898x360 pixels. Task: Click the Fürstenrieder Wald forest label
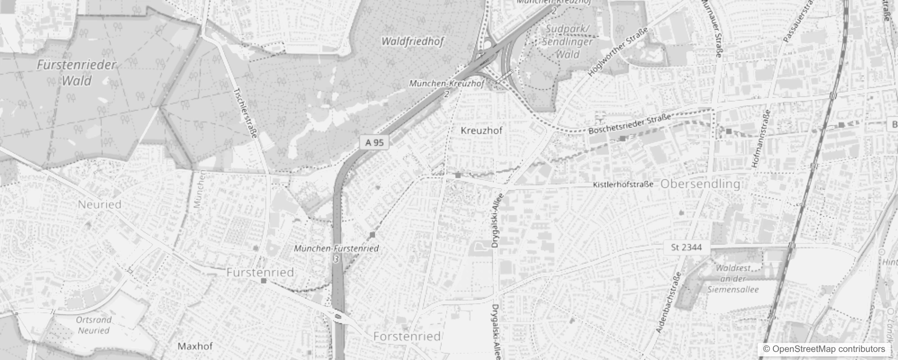pos(76,73)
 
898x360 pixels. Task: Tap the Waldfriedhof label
pos(412,41)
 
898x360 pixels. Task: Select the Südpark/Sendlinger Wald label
pos(567,42)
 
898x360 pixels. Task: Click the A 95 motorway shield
pos(374,143)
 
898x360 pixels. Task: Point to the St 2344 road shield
pos(687,247)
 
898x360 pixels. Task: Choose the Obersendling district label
pos(700,184)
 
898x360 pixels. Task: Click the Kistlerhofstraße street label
pos(623,184)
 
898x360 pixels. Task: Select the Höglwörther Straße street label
pos(619,52)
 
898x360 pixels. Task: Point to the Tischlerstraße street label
pos(245,112)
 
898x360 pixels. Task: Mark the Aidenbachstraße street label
pos(669,302)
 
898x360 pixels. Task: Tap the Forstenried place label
pos(407,337)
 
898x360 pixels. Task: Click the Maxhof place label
pos(195,346)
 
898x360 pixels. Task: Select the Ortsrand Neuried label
pos(94,325)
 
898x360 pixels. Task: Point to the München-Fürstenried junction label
pos(336,248)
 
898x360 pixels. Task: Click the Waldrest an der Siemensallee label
pos(733,279)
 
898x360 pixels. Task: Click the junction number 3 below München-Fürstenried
pos(336,259)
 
